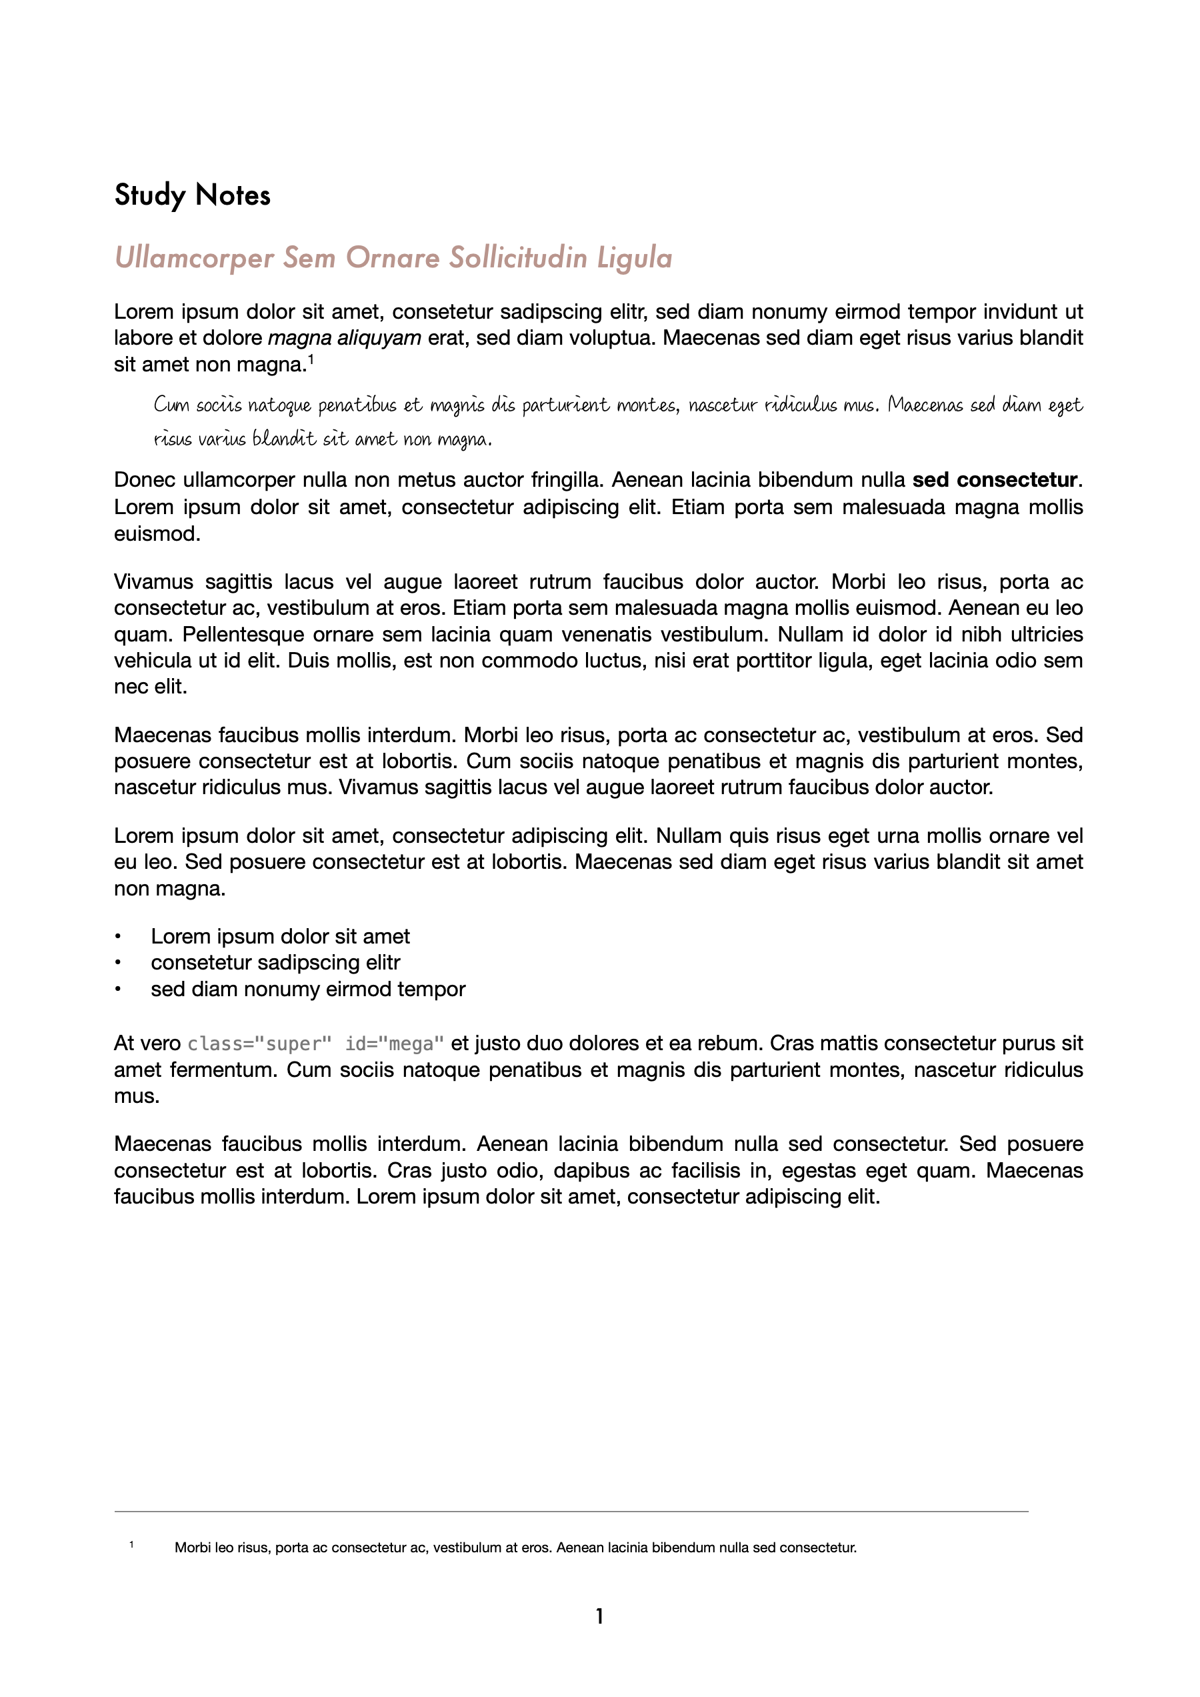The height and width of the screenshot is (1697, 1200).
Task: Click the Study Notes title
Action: pyautogui.click(x=192, y=195)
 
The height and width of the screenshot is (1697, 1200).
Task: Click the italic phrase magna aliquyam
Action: pyautogui.click(x=345, y=339)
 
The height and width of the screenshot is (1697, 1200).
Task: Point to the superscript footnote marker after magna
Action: pyautogui.click(x=311, y=360)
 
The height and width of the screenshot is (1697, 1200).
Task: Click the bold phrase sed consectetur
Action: pyautogui.click(x=995, y=480)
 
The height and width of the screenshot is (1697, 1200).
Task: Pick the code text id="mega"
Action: pyautogui.click(x=395, y=1044)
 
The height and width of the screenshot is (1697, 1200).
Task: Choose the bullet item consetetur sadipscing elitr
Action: pyautogui.click(x=275, y=962)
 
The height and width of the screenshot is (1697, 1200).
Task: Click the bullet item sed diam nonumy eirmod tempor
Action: pyautogui.click(x=308, y=989)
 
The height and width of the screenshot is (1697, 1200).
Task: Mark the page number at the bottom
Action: pyautogui.click(x=599, y=1616)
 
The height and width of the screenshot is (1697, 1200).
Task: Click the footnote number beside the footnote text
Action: pyautogui.click(x=131, y=1545)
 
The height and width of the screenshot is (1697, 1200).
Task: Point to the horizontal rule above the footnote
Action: pyautogui.click(x=571, y=1512)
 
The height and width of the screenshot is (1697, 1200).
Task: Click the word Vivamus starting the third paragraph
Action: pyautogui.click(x=153, y=581)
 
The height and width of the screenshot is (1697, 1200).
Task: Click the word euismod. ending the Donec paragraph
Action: pyautogui.click(x=157, y=533)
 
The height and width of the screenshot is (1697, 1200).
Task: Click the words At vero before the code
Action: pyautogui.click(x=147, y=1044)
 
